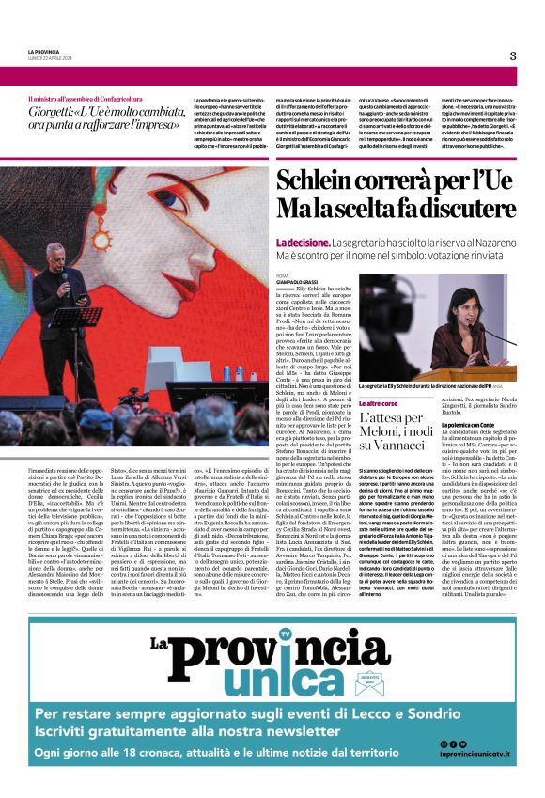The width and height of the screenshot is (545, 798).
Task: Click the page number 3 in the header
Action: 513,55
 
